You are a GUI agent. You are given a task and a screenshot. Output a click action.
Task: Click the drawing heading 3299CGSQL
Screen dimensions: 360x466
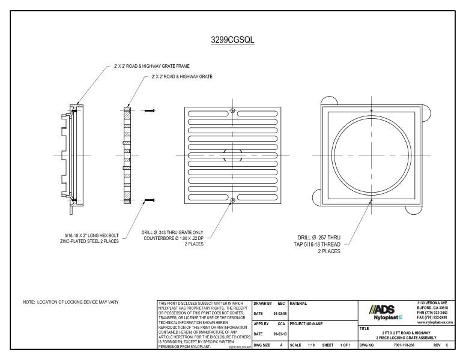point(232,40)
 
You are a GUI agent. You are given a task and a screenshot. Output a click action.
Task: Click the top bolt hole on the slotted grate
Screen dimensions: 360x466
point(232,111)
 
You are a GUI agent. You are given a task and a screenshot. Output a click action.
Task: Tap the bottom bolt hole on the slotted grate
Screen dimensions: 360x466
point(232,200)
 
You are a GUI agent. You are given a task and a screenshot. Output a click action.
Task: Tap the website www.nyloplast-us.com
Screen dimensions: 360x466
point(437,323)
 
